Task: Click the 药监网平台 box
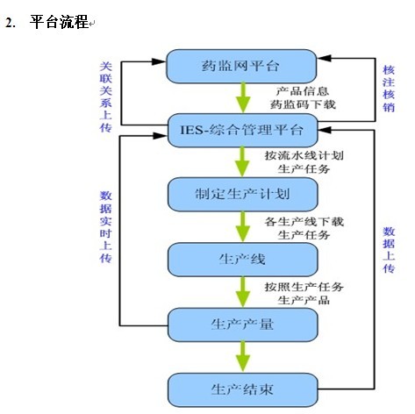click(241, 66)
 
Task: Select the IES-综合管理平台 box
click(242, 130)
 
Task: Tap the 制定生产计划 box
click(242, 194)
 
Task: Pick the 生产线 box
click(242, 260)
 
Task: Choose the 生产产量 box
click(242, 325)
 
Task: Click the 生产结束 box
click(242, 389)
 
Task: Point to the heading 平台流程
click(59, 22)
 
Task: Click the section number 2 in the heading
click(9, 23)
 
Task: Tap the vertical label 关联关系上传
click(105, 96)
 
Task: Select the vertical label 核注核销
click(389, 89)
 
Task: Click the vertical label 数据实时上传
click(105, 227)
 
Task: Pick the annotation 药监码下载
click(303, 104)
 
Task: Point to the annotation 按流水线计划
click(304, 155)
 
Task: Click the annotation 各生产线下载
click(304, 222)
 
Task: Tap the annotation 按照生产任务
click(304, 287)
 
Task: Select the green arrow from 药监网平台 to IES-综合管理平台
click(243, 98)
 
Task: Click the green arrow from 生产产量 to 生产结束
click(243, 357)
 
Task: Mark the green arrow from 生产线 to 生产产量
click(243, 292)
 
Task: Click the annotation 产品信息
click(303, 91)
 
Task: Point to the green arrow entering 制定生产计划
click(243, 162)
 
